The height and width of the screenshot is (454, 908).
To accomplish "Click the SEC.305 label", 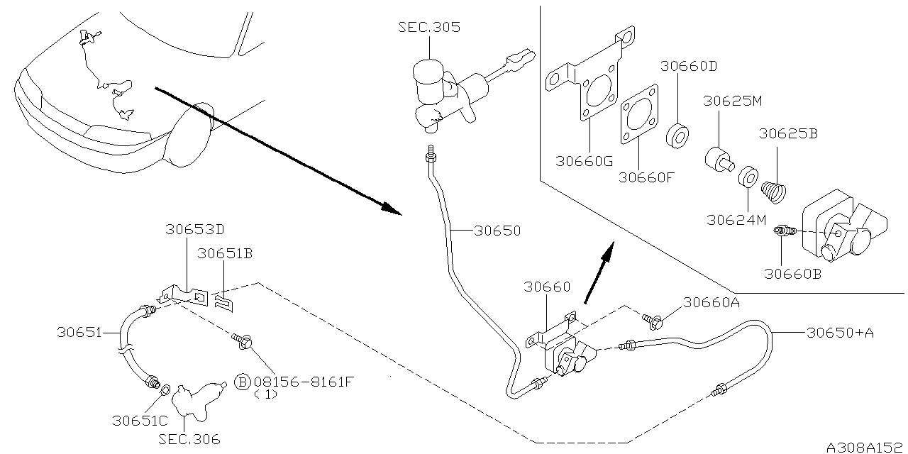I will [428, 28].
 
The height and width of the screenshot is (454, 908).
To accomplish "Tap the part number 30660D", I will [688, 67].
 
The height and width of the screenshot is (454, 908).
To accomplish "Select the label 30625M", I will [732, 101].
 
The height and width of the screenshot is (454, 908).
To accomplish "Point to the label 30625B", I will [788, 133].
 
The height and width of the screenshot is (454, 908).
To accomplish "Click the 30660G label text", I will [584, 162].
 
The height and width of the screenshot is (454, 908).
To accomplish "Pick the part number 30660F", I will [645, 177].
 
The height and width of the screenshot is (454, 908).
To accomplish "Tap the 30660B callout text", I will [792, 272].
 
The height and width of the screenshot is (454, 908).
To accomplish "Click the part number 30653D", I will [194, 230].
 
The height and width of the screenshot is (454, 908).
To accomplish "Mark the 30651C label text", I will [140, 419].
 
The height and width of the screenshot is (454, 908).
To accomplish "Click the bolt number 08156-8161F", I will [303, 383].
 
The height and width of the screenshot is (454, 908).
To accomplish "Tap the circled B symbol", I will [242, 383].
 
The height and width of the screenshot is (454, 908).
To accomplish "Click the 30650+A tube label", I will [839, 331].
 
